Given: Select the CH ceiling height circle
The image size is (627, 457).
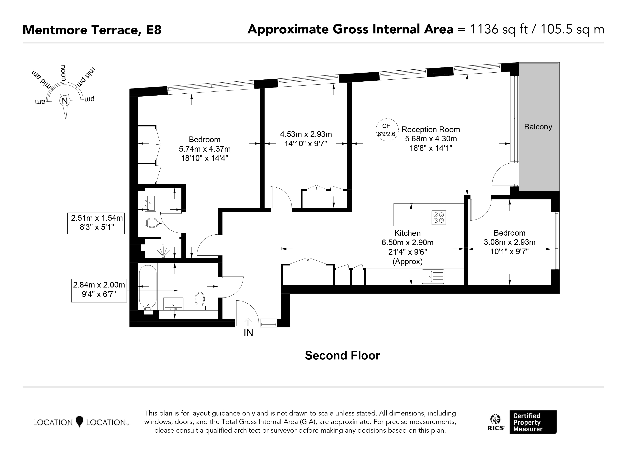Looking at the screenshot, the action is (387, 130).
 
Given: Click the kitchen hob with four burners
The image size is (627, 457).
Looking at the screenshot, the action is (439, 217).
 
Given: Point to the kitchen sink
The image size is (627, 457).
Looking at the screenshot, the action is (433, 276).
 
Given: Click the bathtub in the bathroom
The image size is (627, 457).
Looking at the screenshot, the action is (148, 287).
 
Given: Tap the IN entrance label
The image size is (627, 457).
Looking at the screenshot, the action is (248, 333).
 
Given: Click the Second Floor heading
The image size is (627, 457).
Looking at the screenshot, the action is (343, 356).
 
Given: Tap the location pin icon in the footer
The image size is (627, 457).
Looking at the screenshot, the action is (79, 422).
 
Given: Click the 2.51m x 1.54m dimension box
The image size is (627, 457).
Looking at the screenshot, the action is (96, 223).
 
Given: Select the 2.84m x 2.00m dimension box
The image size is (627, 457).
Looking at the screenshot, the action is (99, 290).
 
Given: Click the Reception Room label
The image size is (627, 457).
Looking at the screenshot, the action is (431, 129).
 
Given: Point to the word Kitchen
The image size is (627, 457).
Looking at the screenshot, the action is (407, 233).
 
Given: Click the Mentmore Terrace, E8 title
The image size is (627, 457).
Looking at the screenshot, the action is (92, 30).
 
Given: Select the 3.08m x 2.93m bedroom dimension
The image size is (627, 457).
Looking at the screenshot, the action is (509, 242).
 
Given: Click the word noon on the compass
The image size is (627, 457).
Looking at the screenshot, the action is (63, 73).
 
